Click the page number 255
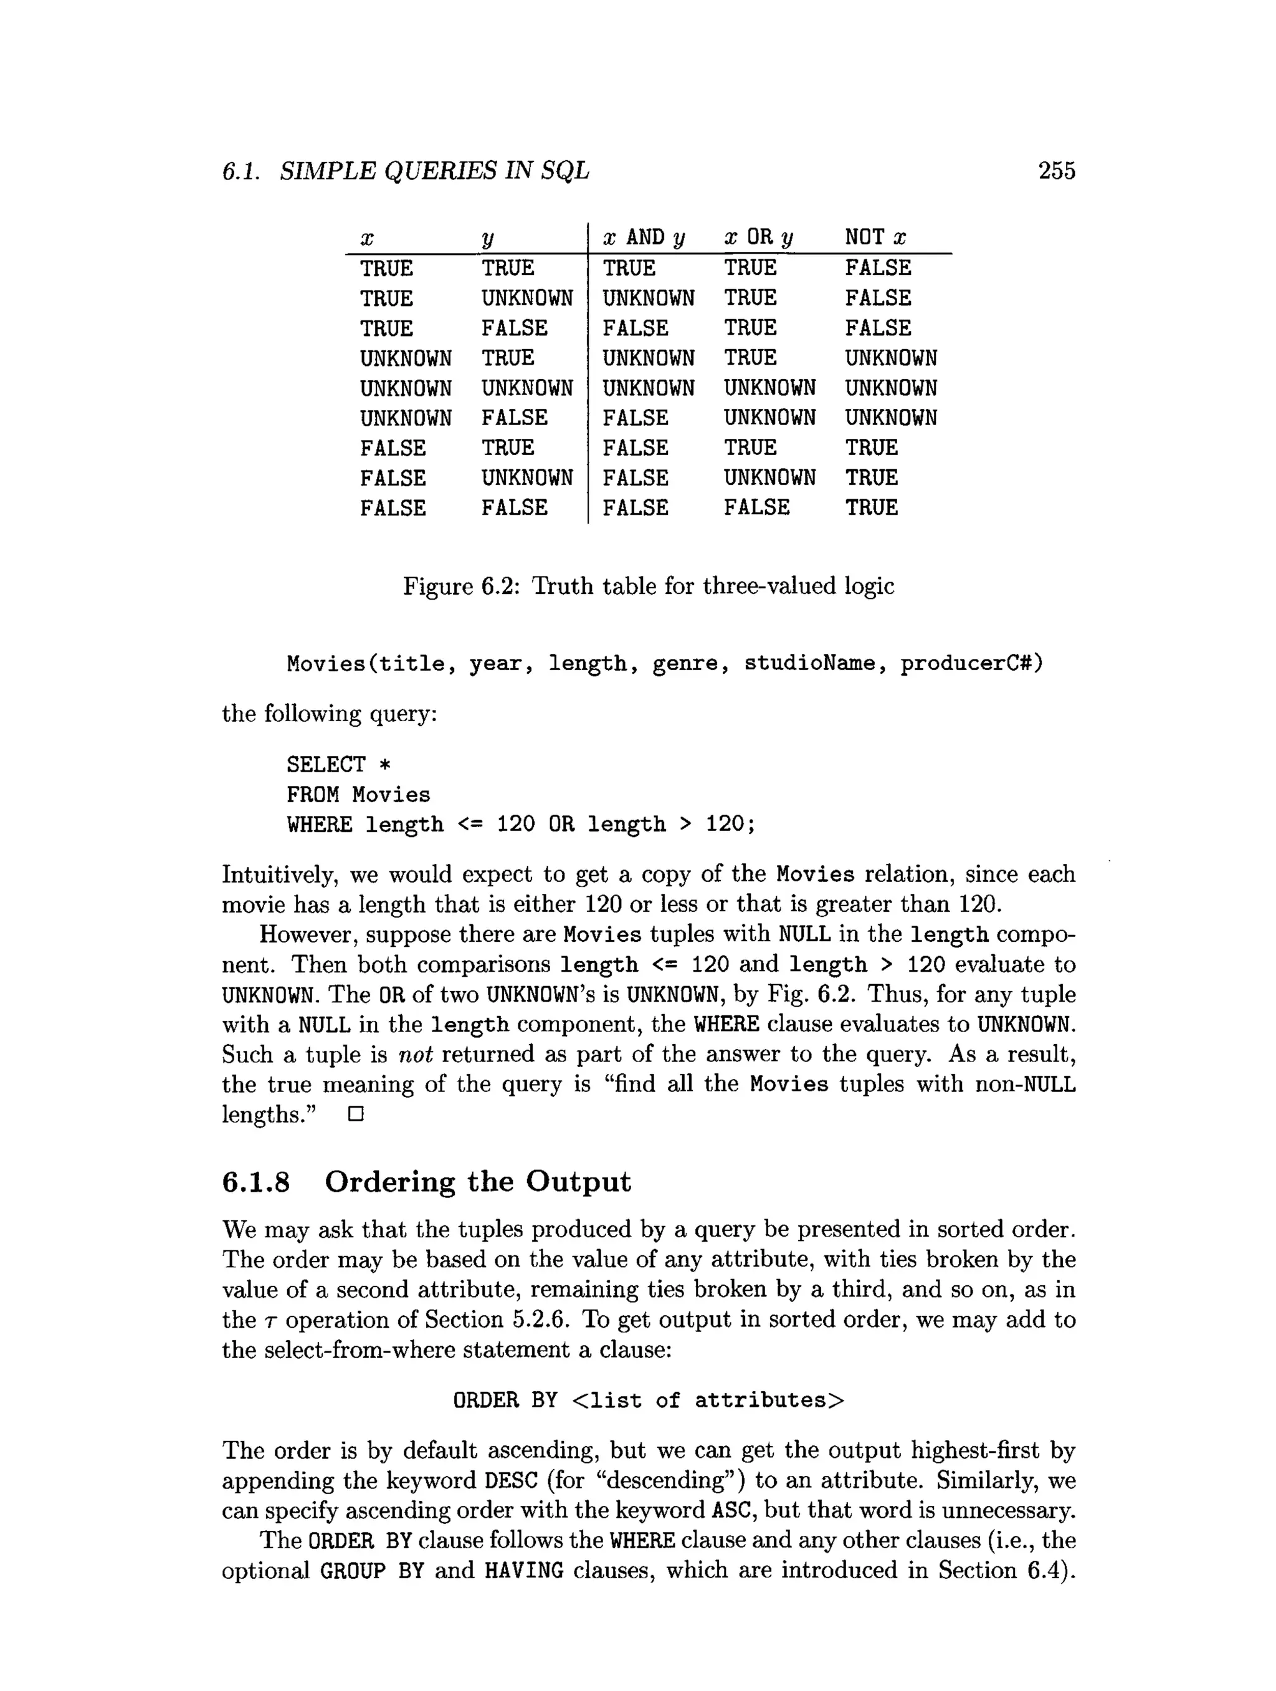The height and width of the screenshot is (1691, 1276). pyautogui.click(x=1056, y=171)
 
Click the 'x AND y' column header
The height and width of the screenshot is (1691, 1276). pyautogui.click(x=644, y=237)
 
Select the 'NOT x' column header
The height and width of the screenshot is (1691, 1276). pyautogui.click(x=875, y=237)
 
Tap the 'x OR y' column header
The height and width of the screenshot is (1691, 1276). pyautogui.click(x=758, y=237)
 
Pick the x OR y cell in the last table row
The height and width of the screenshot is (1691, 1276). pyautogui.click(x=756, y=507)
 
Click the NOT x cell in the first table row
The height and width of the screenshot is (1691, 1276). pyautogui.click(x=878, y=267)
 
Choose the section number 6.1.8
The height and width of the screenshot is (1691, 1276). pyautogui.click(x=256, y=1182)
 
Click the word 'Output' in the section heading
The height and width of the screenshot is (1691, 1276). pyautogui.click(x=578, y=1182)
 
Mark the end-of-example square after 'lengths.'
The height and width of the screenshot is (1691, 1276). pyautogui.click(x=355, y=1114)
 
